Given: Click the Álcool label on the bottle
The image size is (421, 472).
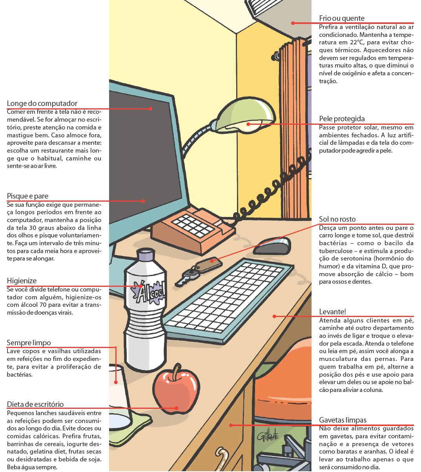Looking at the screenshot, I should [x=149, y=292].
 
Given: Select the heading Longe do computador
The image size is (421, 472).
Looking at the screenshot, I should [x=42, y=104].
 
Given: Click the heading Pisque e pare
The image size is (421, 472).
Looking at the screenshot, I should [x=27, y=196].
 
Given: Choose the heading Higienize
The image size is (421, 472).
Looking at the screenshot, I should [x=22, y=281].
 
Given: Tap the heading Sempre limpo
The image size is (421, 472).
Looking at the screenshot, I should [x=29, y=343].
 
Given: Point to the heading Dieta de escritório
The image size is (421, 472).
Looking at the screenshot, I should [x=35, y=404].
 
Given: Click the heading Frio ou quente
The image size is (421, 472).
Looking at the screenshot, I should [x=341, y=18].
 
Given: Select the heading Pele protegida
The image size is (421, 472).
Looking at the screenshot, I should [x=342, y=118].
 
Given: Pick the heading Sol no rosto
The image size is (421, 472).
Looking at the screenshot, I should [x=337, y=219].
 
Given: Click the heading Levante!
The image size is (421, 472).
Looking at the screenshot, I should [x=332, y=312].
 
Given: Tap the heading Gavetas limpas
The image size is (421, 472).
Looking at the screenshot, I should [x=343, y=420].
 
